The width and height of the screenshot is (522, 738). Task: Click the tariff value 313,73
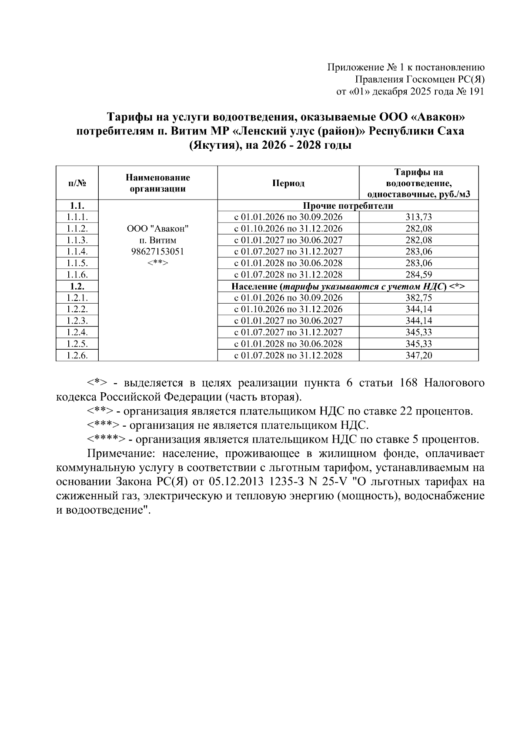click(x=418, y=217)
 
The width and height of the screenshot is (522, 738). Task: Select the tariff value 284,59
click(x=418, y=274)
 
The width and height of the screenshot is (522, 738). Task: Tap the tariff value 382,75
click(x=418, y=298)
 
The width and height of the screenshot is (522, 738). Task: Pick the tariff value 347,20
click(x=418, y=355)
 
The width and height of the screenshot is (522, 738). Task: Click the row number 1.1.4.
click(x=77, y=251)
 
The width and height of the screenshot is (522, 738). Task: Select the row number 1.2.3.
click(x=77, y=321)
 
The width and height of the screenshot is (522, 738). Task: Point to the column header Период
click(x=288, y=183)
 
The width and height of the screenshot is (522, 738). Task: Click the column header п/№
click(x=77, y=183)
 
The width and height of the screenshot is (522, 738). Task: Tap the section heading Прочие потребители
click(x=348, y=206)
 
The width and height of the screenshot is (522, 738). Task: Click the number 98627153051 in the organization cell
click(x=157, y=251)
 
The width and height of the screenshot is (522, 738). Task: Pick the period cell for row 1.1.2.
click(x=288, y=229)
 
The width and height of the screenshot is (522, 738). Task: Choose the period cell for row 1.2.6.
click(x=288, y=355)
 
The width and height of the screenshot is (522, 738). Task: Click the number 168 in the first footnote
click(x=408, y=383)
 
